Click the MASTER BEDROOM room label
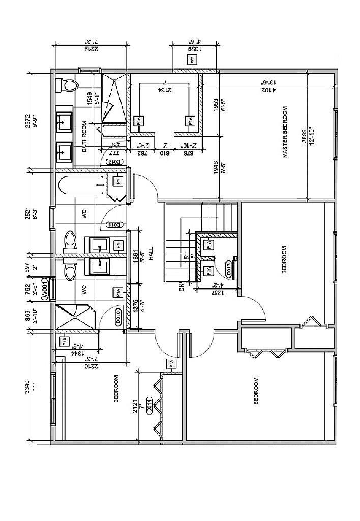285,132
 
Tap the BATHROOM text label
85,136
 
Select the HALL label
151,253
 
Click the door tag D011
114,225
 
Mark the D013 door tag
230,270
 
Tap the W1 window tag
193,60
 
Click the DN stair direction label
182,288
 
